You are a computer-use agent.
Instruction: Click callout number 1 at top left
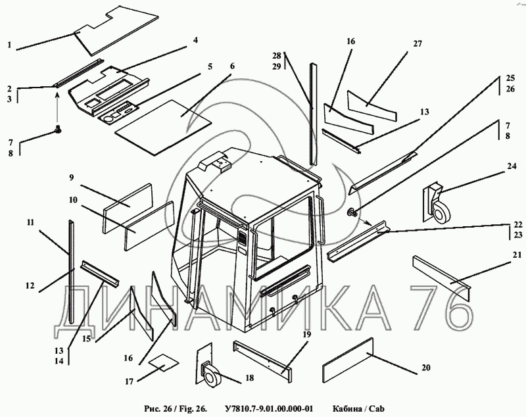pos(10,45)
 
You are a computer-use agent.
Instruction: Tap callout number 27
pos(417,44)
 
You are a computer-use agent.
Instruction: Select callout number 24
pos(511,166)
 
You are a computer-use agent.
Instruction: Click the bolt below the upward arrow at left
pos(57,130)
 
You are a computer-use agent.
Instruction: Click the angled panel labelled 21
pos(441,276)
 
